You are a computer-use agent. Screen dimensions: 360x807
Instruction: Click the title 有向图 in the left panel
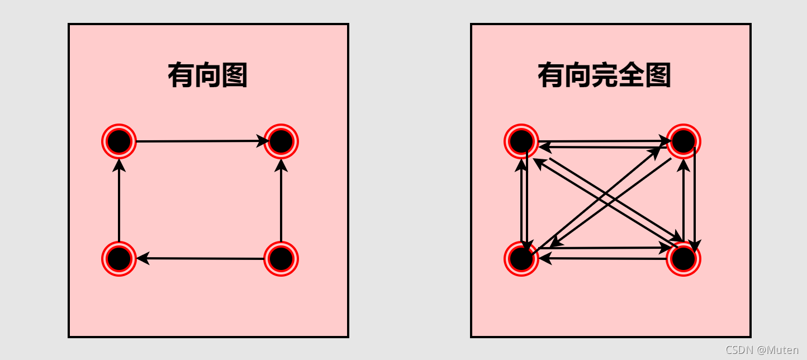pyautogui.click(x=208, y=75)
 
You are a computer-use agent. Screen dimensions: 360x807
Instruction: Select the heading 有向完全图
pyautogui.click(x=604, y=75)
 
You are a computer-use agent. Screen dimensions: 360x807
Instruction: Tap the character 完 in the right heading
pyautogui.click(x=604, y=75)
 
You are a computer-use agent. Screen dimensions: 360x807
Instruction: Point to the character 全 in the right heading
pyautogui.click(x=631, y=75)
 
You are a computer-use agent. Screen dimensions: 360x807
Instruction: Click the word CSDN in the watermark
pyautogui.click(x=739, y=350)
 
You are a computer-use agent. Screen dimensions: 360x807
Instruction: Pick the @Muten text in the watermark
pyautogui.click(x=778, y=350)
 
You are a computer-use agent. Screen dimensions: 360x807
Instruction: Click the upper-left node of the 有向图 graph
pyautogui.click(x=119, y=141)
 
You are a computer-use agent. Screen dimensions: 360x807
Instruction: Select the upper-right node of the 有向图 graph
pyautogui.click(x=281, y=141)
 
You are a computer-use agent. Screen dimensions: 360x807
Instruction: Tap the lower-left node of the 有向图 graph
pyautogui.click(x=119, y=259)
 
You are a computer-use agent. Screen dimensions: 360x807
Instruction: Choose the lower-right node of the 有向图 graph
pyautogui.click(x=281, y=259)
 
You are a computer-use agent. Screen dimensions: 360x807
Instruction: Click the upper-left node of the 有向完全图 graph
pyautogui.click(x=521, y=141)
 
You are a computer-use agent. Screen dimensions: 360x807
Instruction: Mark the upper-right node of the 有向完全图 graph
pyautogui.click(x=683, y=141)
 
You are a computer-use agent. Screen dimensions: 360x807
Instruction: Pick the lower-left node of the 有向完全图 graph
pyautogui.click(x=521, y=259)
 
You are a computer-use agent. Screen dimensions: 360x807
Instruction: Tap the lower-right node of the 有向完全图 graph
pyautogui.click(x=683, y=259)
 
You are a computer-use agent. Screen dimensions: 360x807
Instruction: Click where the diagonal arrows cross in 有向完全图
pyautogui.click(x=603, y=200)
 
